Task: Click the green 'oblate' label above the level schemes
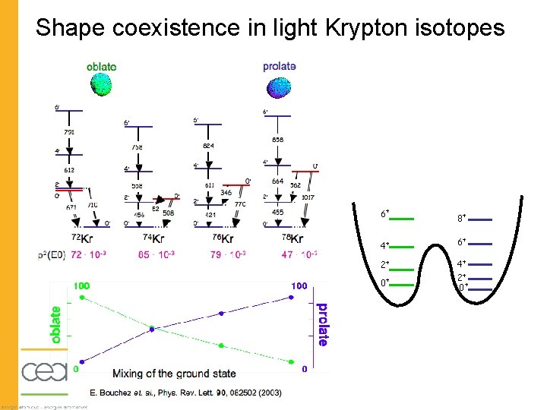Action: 102,66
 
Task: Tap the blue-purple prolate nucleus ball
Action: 279,89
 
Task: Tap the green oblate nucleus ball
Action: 101,87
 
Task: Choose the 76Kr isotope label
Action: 220,239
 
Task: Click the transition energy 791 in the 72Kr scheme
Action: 69,133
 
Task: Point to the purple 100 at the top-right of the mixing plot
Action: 299,285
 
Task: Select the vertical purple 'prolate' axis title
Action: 323,325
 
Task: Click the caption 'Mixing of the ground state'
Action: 174,373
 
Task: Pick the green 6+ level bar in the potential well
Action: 402,219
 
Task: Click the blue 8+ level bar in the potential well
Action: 481,219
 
